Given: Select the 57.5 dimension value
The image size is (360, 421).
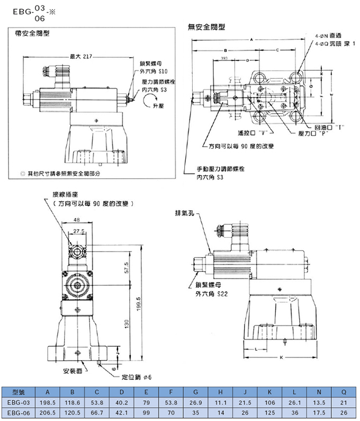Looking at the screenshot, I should tap(127, 268).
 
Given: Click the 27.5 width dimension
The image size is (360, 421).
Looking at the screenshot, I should tap(79, 231).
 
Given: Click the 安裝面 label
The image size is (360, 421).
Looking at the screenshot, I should tap(71, 370).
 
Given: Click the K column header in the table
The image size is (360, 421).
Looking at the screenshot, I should tap(270, 392).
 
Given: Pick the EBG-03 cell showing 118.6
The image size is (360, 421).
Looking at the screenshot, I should tap(73, 402).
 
